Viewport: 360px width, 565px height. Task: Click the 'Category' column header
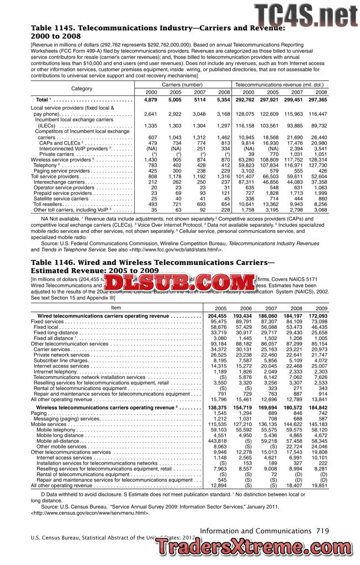[82, 88]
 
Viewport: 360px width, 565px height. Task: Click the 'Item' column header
[116, 307]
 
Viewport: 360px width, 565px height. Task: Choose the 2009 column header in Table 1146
[321, 308]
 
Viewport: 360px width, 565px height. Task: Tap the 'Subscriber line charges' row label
[60, 361]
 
